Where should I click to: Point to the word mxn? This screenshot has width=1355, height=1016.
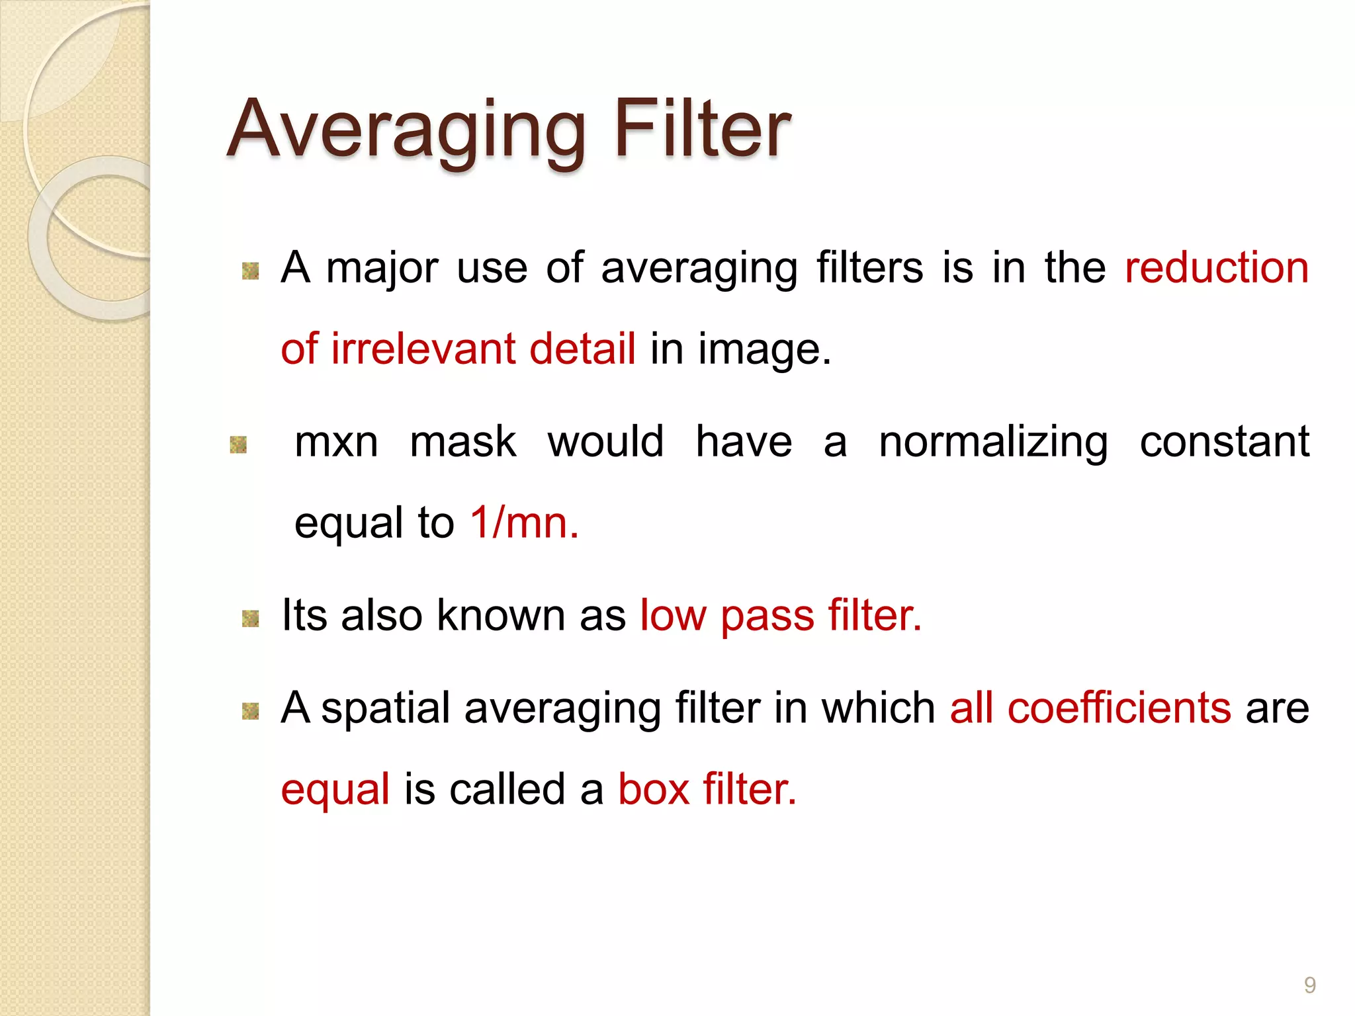point(336,442)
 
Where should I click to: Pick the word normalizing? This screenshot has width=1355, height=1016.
point(992,443)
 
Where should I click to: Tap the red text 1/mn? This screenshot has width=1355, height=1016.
point(523,523)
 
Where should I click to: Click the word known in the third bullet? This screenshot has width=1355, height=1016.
point(501,615)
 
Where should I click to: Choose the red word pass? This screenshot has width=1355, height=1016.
point(767,616)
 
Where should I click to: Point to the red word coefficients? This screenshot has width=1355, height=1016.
point(1119,708)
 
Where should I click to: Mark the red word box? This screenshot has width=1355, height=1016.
point(653,789)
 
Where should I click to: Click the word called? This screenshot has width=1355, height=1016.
point(507,789)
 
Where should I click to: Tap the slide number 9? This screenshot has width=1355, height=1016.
point(1309,986)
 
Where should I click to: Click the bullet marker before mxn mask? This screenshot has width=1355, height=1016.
point(238,445)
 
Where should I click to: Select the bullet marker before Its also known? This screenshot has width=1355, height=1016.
point(250,618)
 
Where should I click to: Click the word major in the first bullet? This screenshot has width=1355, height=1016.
point(382,269)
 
